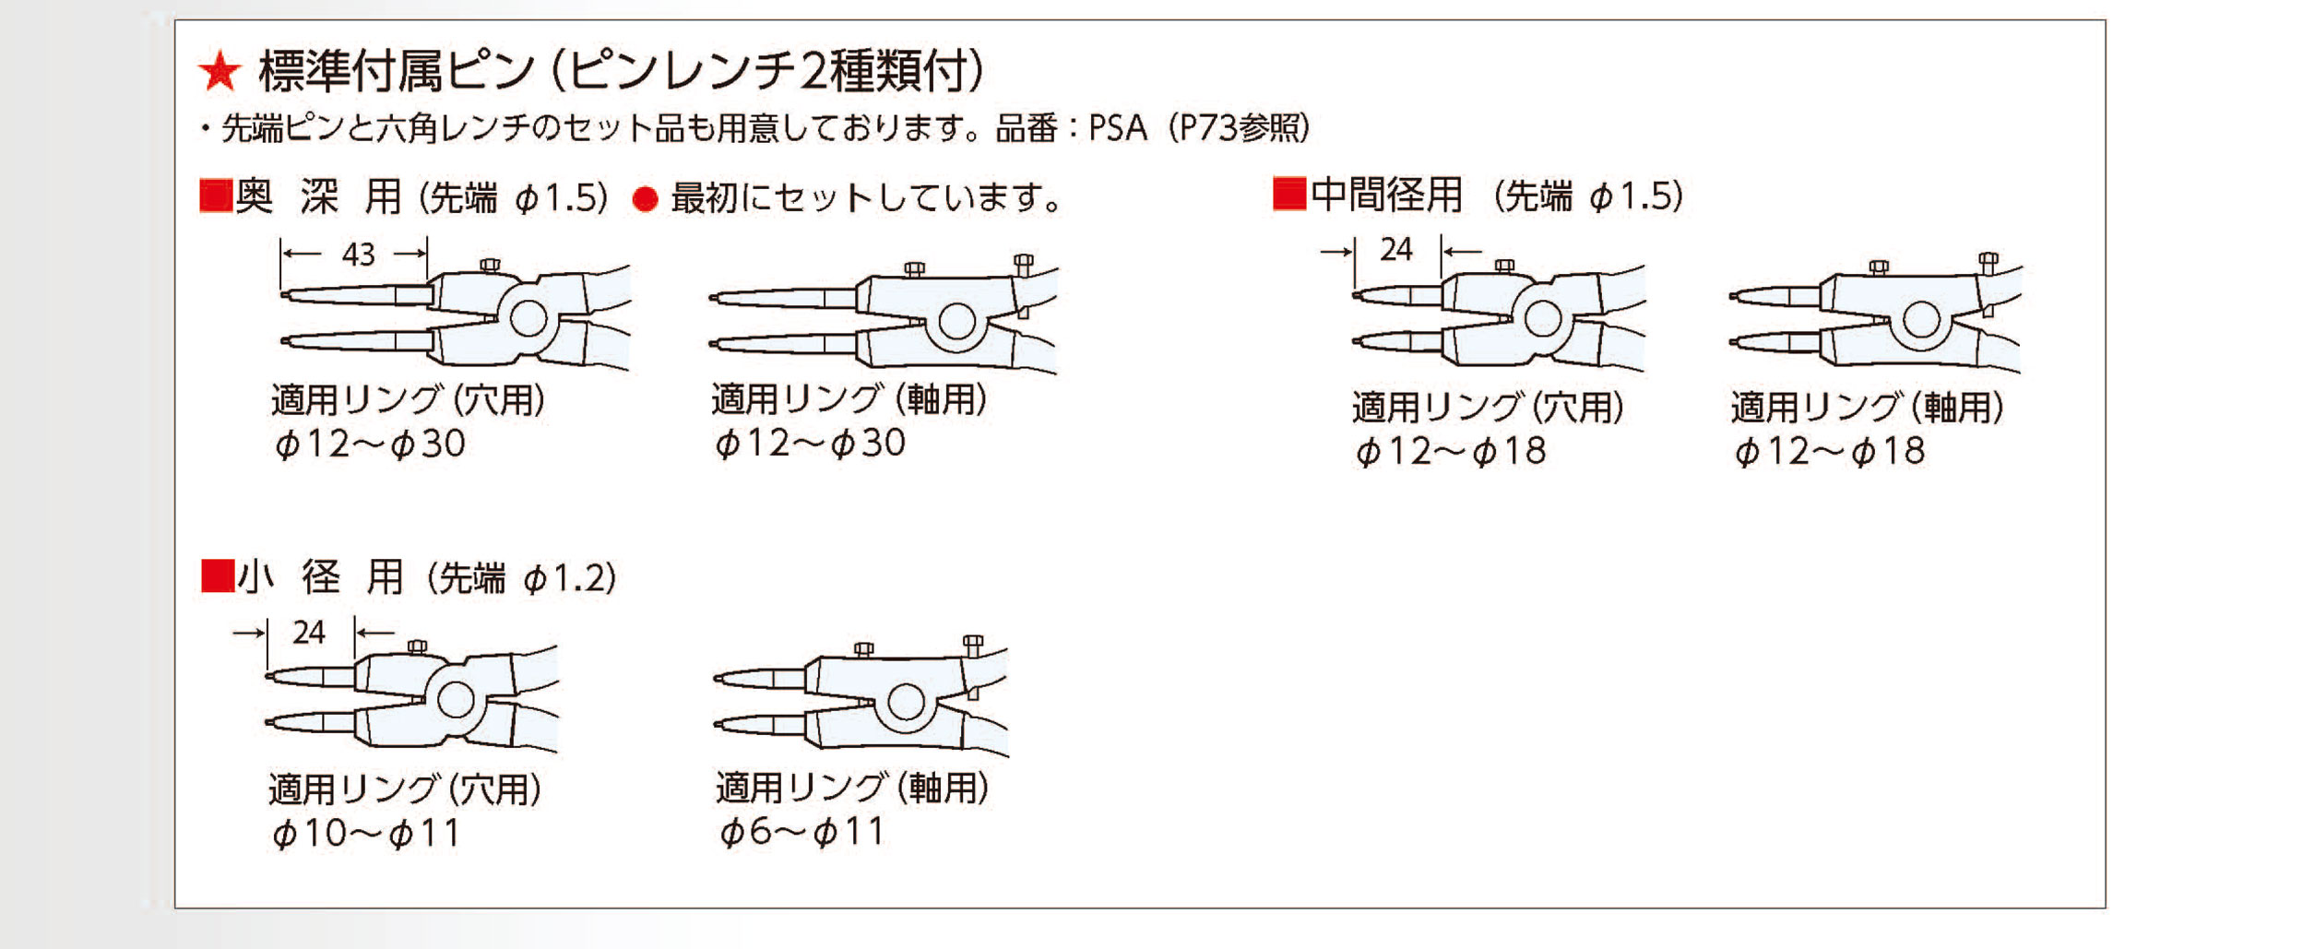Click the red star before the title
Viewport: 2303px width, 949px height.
(x=220, y=72)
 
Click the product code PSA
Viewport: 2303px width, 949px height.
(x=1117, y=128)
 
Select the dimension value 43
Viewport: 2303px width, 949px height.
(x=358, y=255)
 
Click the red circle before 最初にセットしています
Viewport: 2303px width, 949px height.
(x=645, y=199)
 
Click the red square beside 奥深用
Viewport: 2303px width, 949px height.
(x=216, y=196)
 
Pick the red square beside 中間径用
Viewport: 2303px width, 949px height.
(x=1288, y=195)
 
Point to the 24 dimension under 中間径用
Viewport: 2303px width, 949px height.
(x=1396, y=250)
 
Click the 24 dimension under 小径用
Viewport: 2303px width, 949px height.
(x=309, y=633)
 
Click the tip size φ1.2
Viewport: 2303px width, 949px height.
(x=569, y=579)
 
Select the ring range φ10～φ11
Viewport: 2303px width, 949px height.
(x=366, y=834)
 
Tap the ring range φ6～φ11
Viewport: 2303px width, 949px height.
(x=801, y=832)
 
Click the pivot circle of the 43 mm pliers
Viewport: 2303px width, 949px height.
(x=528, y=319)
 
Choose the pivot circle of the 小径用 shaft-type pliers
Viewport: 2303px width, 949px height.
(x=906, y=703)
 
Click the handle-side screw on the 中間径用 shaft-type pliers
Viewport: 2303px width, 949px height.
(x=1988, y=262)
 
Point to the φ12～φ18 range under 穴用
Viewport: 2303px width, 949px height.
(x=1450, y=452)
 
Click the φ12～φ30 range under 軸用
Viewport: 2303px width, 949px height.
(x=810, y=444)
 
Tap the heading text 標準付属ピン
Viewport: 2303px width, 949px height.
(x=398, y=72)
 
